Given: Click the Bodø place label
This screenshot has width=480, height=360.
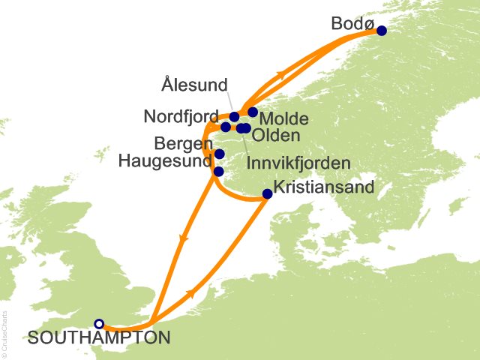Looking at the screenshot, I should coord(351,24).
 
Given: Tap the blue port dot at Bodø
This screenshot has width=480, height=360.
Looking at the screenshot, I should coord(381,31).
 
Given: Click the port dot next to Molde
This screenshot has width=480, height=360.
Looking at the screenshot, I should coord(253,112).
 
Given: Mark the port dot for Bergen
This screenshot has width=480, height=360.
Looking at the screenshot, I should coord(219,154).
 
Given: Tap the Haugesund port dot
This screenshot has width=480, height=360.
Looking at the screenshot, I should coord(218,171).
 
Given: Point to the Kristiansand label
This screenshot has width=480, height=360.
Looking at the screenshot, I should coord(324,188).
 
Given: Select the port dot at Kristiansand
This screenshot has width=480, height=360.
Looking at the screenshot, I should coord(267,194).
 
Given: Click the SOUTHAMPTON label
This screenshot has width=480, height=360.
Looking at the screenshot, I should coord(97,338).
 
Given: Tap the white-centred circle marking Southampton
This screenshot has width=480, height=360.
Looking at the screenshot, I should coord(99,323).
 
